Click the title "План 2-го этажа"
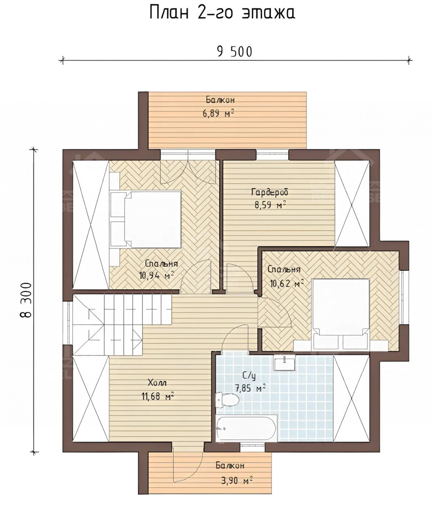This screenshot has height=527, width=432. coord(222,13)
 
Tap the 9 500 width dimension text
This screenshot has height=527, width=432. coord(235,52)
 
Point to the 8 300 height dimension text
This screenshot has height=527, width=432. coord(26,300)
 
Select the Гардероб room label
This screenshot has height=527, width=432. coord(270,193)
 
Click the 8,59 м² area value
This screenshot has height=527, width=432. coord(270,205)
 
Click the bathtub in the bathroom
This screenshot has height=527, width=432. coord(246,428)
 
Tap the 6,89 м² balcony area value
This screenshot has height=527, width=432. coord(218,114)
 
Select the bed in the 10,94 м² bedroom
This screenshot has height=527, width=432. coord(145,219)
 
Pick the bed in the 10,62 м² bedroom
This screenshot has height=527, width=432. coord(341,314)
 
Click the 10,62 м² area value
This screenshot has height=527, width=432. coord(287,283)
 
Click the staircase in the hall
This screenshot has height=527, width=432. coord(122,324)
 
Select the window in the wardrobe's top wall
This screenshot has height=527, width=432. coord(272,154)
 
